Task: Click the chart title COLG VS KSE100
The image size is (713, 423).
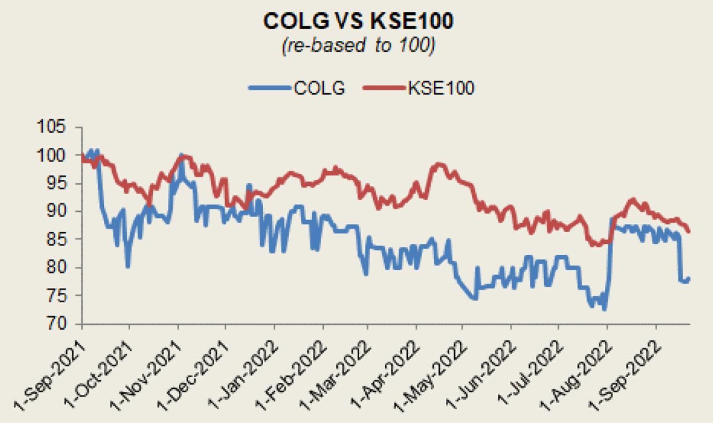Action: (x=358, y=21)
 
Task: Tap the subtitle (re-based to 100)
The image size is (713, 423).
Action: (x=358, y=46)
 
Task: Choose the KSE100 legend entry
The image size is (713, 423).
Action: (x=440, y=88)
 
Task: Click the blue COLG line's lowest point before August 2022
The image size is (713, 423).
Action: (x=604, y=310)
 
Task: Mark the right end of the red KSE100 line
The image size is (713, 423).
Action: (x=689, y=232)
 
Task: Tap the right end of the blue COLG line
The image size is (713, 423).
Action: (x=689, y=278)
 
